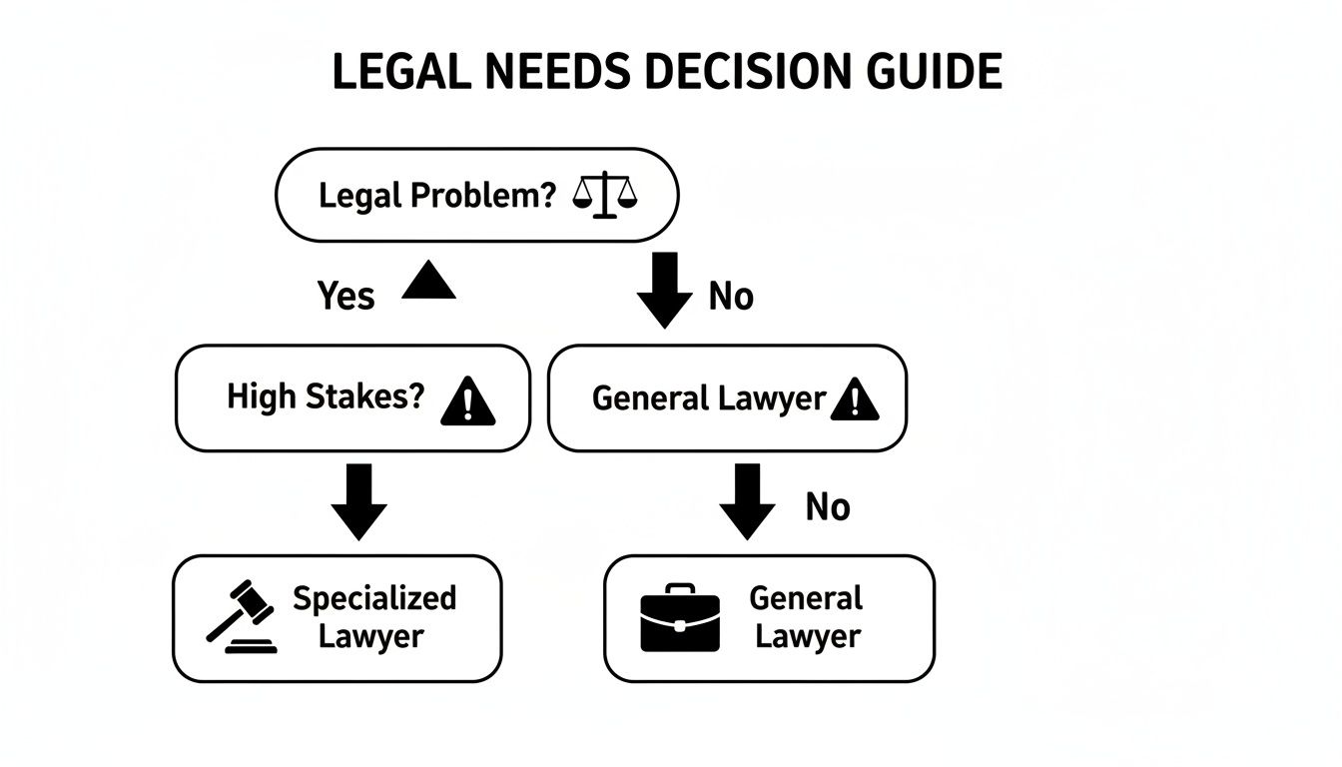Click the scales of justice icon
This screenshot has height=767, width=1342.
[604, 195]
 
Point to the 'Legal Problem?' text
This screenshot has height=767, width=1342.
[436, 195]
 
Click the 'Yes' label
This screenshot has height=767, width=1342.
[345, 296]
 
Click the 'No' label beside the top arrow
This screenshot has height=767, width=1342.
[731, 296]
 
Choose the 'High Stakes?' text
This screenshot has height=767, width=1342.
[326, 396]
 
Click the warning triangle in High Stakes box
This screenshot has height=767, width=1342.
[467, 401]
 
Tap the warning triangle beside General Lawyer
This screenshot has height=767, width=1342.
[854, 400]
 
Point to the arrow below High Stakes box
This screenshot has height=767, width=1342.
[358, 501]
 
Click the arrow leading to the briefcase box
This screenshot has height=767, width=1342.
[747, 501]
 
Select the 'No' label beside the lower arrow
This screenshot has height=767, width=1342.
[827, 507]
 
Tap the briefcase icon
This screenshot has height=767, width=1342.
[679, 618]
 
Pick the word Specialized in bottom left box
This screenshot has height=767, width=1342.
[373, 598]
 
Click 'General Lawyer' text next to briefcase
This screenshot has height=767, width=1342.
[806, 617]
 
